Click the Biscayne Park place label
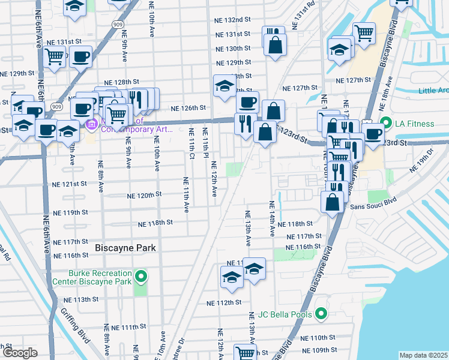pyautogui.click(x=125, y=248)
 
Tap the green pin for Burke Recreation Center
pyautogui.click(x=140, y=276)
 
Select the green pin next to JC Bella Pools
pyautogui.click(x=321, y=314)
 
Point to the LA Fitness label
pyautogui.click(x=414, y=124)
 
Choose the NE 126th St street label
pyautogui.click(x=188, y=109)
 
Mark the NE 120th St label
pyautogui.click(x=145, y=195)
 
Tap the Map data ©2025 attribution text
pyautogui.click(x=423, y=355)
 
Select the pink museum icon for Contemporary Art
pyautogui.click(x=92, y=125)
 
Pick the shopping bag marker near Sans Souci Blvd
pyautogui.click(x=332, y=202)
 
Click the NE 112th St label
pyautogui.click(x=226, y=302)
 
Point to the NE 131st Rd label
pyautogui.click(x=304, y=14)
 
